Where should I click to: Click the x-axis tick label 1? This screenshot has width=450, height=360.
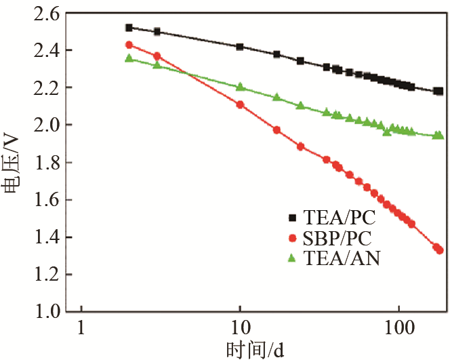click(81, 327)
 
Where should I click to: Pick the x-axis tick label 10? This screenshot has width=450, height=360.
click(240, 327)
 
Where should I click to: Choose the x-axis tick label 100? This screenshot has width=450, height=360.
click(398, 327)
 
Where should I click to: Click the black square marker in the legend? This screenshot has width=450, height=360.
click(293, 218)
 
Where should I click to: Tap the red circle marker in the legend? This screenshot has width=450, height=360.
click(293, 238)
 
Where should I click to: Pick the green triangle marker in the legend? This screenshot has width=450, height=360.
click(293, 258)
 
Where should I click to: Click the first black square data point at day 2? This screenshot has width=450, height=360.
click(129, 28)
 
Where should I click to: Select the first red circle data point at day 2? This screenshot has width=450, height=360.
click(129, 45)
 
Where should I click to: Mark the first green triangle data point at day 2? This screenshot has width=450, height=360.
click(129, 58)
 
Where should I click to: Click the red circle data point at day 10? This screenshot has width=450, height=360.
click(240, 104)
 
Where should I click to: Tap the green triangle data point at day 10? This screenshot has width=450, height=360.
click(240, 87)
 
